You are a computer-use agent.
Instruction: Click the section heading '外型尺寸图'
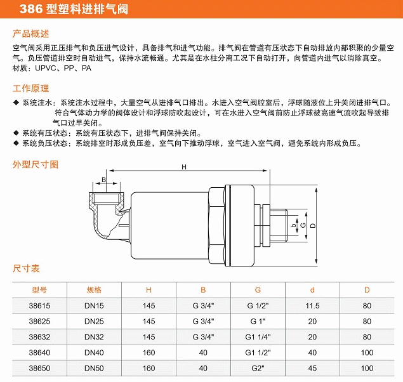(36, 164)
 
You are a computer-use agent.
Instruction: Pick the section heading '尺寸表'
(27, 268)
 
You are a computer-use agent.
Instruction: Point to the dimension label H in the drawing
(184, 167)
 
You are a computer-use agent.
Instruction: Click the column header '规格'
(94, 290)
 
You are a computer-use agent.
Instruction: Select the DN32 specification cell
(94, 336)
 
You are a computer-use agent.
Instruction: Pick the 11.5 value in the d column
(312, 305)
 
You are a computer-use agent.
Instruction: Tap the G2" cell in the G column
(258, 367)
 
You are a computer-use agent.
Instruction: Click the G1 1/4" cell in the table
(258, 336)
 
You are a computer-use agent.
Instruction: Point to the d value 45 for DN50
(312, 367)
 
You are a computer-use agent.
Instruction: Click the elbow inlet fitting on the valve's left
(105, 216)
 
